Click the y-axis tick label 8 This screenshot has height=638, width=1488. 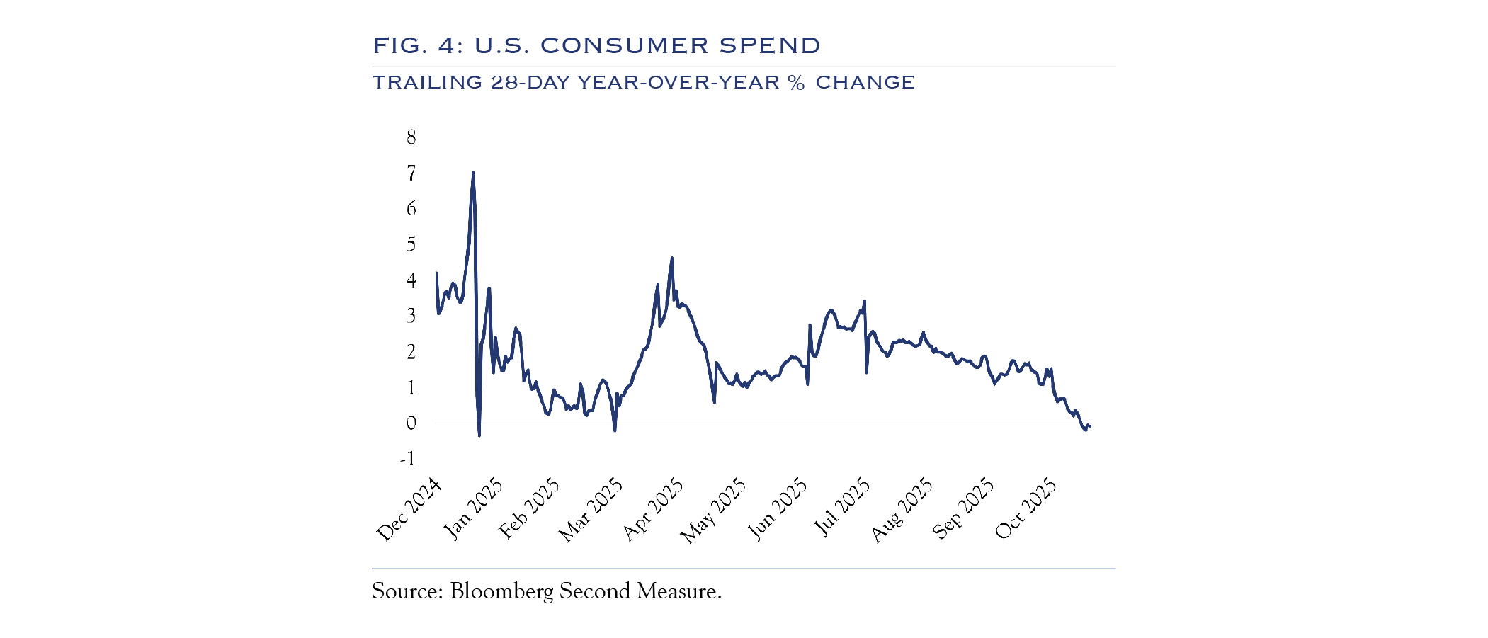[x=411, y=137]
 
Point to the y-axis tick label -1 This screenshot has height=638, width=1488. [x=408, y=459]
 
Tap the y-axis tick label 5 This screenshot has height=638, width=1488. [x=411, y=244]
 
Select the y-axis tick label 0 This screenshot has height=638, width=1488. [x=411, y=423]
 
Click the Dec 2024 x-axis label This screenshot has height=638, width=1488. [x=409, y=510]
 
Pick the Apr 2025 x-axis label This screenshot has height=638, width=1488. [x=654, y=510]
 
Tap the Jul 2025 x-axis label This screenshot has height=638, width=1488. [x=841, y=508]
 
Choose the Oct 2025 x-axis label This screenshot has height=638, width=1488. [x=1026, y=509]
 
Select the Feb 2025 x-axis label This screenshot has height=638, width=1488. [x=529, y=509]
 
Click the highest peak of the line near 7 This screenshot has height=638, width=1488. [x=473, y=172]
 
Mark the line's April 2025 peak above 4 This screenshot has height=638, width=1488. [x=672, y=258]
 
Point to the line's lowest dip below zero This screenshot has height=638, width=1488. [x=479, y=435]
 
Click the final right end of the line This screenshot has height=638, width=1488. [x=1090, y=426]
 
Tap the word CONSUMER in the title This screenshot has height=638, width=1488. [x=624, y=46]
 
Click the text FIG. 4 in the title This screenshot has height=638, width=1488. [x=417, y=46]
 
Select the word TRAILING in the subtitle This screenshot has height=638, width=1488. [x=426, y=83]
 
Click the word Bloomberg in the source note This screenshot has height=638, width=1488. [x=501, y=591]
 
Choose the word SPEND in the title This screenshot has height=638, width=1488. [x=770, y=46]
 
